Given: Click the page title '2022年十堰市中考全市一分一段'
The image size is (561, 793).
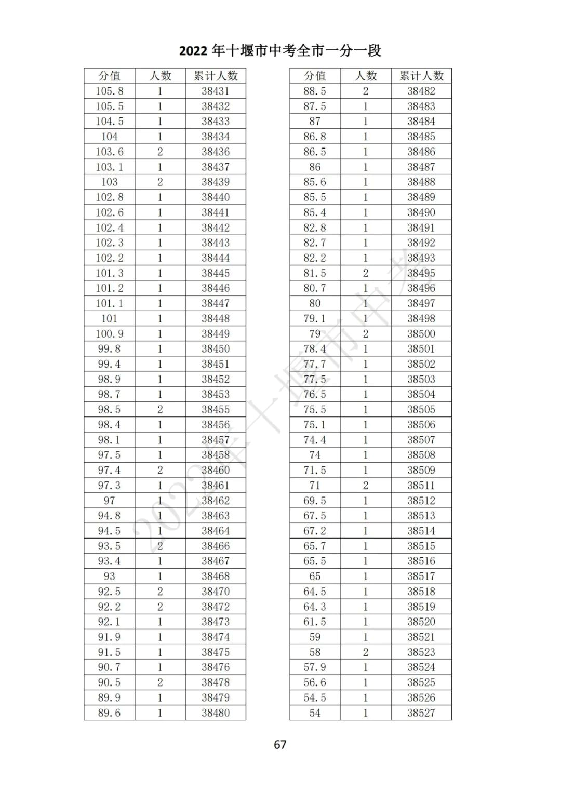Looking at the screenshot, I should point(280,50).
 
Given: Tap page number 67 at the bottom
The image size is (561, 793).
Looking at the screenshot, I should point(280,744).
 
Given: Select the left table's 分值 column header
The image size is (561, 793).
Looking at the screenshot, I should point(109,76).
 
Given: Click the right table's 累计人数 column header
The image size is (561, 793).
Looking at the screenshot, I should point(421,76).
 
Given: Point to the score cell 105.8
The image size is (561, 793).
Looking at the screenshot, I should point(109,91).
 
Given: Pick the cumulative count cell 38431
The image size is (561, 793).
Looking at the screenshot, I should point(216,91).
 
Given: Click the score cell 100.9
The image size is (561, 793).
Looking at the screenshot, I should point(109,333).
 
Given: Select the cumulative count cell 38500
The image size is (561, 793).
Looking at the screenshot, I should point(421,333).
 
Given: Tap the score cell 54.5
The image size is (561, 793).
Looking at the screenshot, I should point(315,697).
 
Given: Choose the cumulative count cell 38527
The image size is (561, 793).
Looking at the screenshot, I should point(421,713).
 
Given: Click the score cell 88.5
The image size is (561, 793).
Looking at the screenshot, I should point(315,91).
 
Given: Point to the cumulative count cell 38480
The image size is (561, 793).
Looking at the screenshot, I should point(216,713).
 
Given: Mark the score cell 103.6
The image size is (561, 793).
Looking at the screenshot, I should point(109,152).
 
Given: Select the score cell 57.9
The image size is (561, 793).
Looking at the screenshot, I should point(315,667).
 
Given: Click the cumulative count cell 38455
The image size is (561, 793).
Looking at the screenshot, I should point(216,409).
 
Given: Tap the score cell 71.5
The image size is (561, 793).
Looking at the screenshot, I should point(315,470).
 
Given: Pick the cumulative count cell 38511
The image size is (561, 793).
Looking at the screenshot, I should point(421,485).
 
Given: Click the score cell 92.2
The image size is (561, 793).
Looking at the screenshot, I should point(109,607).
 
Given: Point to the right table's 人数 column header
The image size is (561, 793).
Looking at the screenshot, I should point(366,76).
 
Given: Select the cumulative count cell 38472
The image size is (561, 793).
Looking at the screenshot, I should point(216,607).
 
